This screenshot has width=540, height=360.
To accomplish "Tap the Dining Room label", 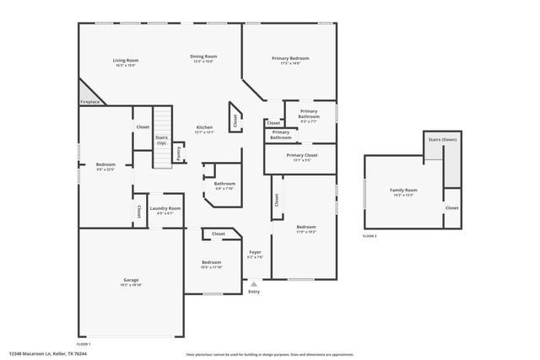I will click(x=203, y=56).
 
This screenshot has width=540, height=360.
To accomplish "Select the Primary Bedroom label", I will click(x=290, y=58).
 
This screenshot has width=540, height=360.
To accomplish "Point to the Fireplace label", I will click(x=89, y=102).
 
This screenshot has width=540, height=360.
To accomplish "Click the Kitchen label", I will click(x=204, y=127).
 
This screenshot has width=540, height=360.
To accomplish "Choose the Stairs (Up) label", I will click(x=160, y=140).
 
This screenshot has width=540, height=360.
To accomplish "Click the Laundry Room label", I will click(x=165, y=208).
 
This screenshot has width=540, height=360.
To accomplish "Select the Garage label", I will click(x=131, y=280).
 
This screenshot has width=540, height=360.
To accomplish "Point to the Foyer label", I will click(x=255, y=252).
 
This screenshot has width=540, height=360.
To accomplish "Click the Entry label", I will click(x=255, y=292).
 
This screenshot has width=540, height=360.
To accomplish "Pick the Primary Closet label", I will click(x=301, y=155).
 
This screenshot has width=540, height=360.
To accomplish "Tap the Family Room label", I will click(x=403, y=191).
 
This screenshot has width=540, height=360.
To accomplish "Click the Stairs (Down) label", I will click(x=442, y=139).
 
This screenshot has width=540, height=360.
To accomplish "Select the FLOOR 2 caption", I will click(x=370, y=236).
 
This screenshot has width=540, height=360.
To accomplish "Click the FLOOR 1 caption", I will click(x=84, y=345).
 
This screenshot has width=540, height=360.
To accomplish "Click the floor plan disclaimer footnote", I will click(x=269, y=355).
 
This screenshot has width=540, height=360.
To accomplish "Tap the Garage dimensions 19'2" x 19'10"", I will click(x=131, y=285).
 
